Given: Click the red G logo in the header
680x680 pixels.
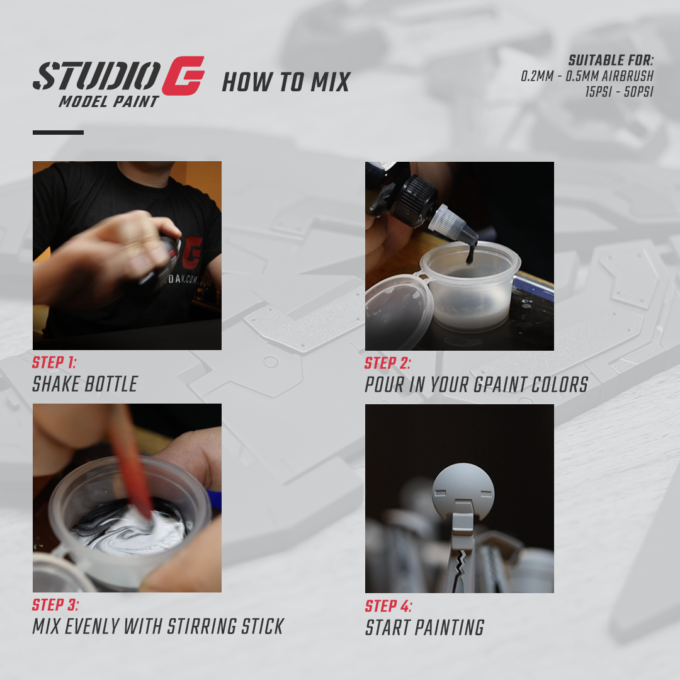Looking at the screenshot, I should pos(183,76).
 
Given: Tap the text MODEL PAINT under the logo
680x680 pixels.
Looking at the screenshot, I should pos(108,101).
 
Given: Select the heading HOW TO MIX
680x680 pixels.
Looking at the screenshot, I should pos(286,82).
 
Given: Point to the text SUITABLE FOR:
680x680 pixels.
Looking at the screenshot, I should pos(611,61).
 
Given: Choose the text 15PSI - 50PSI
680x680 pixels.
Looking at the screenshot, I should pos(619,91).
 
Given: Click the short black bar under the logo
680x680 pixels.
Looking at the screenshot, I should pos(58,132).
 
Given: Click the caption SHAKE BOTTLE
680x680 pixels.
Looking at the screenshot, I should pos(85,384).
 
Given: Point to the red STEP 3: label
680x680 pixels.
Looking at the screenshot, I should pos(56,605).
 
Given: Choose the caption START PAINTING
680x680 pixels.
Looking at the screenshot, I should pos(425,628).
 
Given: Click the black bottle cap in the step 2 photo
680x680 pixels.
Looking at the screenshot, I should pos(416,200).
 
